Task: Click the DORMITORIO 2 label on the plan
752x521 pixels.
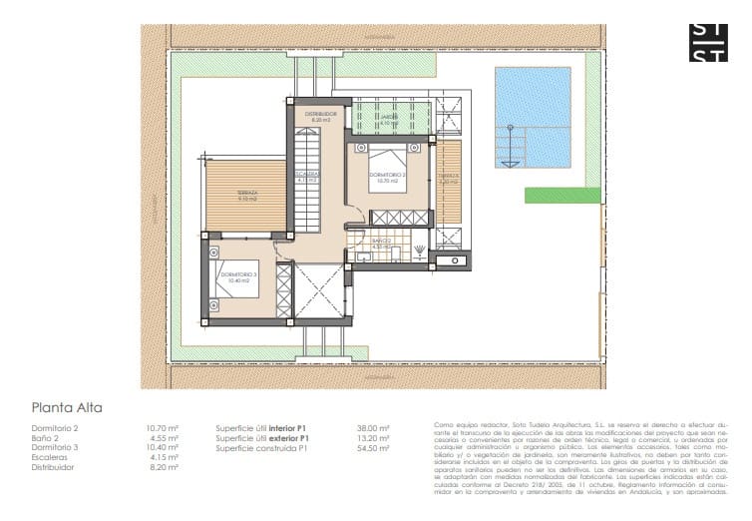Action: pyautogui.click(x=387, y=177)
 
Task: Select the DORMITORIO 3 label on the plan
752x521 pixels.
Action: pyautogui.click(x=239, y=276)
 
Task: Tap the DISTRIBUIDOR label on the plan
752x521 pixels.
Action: pyautogui.click(x=321, y=115)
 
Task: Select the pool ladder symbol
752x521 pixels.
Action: pyautogui.click(x=512, y=148)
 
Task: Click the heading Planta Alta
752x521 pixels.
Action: pyautogui.click(x=67, y=407)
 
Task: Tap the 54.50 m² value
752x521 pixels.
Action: pyautogui.click(x=372, y=448)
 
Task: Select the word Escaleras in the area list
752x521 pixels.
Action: pyautogui.click(x=50, y=457)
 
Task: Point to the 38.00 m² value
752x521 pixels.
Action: pyautogui.click(x=372, y=428)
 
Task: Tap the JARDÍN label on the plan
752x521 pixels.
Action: pyautogui.click(x=388, y=117)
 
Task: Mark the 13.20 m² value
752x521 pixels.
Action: pyautogui.click(x=372, y=438)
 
